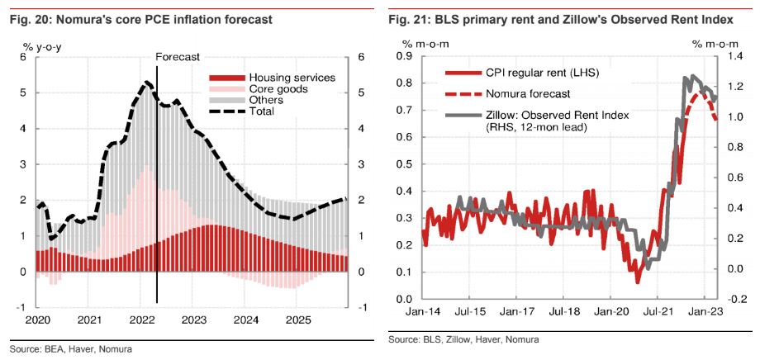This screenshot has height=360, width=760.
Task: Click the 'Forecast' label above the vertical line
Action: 178,56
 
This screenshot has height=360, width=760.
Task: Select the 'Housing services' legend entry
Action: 291,77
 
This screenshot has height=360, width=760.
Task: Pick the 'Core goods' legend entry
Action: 278,88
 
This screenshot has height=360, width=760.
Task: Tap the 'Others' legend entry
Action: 266,100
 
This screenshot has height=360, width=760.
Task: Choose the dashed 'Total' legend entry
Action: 261,111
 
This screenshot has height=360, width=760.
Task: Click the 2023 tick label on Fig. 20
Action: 194,320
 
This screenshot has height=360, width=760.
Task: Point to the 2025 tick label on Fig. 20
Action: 297,320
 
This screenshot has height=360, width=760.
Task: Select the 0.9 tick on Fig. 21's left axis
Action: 405,56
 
